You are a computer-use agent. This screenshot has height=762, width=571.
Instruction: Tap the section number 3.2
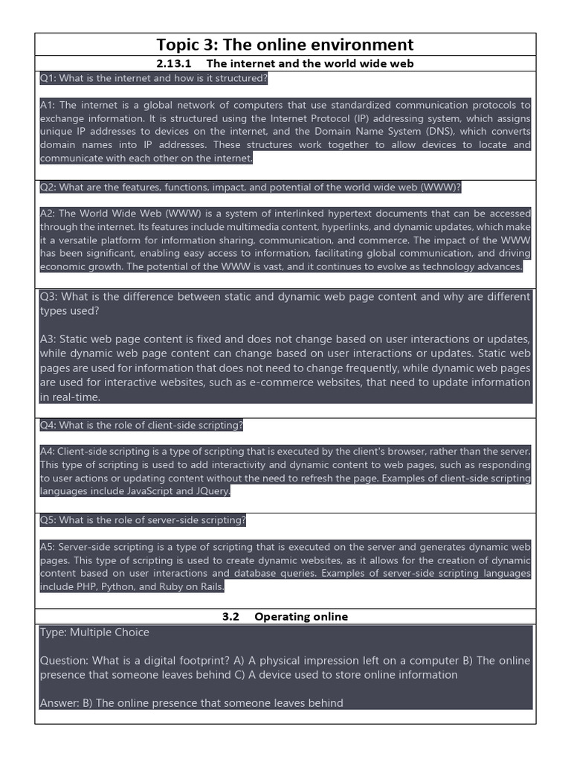click(x=230, y=616)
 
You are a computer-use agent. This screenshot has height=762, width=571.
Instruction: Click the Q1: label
click(x=48, y=78)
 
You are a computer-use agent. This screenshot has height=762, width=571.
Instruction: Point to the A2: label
click(x=48, y=214)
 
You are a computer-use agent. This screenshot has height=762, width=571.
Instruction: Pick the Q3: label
click(x=49, y=297)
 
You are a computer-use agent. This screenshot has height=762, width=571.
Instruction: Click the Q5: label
click(x=48, y=520)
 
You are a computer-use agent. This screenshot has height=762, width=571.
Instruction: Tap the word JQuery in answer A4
click(x=213, y=492)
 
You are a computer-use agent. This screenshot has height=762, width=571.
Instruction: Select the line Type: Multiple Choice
click(x=94, y=633)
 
